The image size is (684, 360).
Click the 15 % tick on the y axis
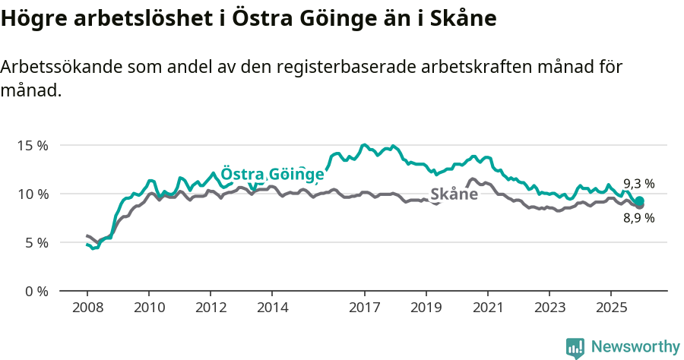click(x=33, y=145)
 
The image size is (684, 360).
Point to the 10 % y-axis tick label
click(x=33, y=194)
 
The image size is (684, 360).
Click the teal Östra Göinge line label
click(x=272, y=174)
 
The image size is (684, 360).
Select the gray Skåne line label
click(x=454, y=194)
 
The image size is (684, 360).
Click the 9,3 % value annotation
click(x=639, y=184)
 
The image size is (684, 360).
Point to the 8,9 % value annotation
click(x=639, y=218)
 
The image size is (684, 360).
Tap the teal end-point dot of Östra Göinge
click(x=639, y=201)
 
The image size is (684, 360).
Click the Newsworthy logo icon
click(x=575, y=348)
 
